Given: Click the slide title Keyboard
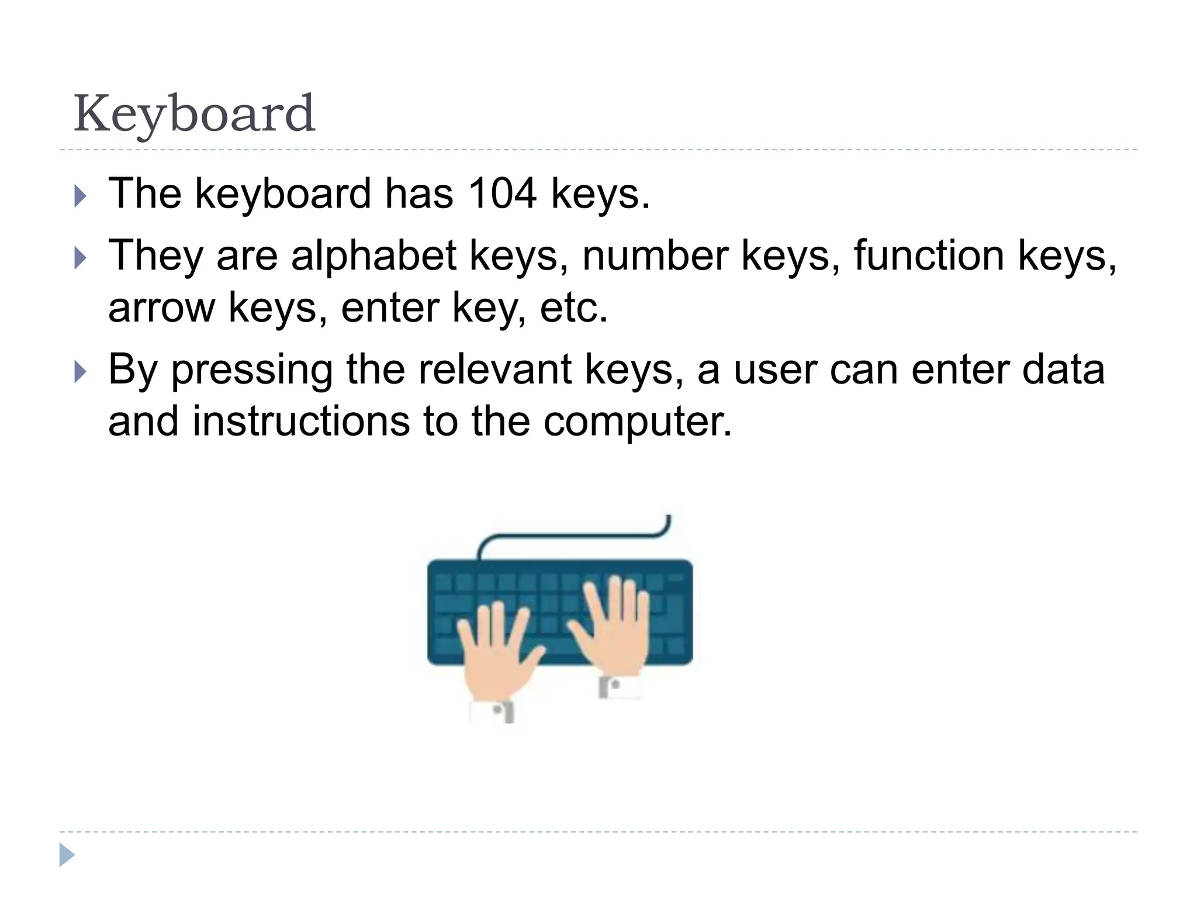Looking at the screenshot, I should pos(194,114).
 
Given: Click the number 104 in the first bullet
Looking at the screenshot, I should pos(502,194).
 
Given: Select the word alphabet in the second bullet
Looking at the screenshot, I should pos(373,256).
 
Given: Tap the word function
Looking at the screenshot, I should pos(929,256).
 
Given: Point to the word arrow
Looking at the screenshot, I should pos(161,308).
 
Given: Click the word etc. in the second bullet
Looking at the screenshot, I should pos(573,308).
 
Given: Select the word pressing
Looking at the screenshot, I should pos(252,370).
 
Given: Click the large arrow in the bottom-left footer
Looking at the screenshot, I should pos(67,855).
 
